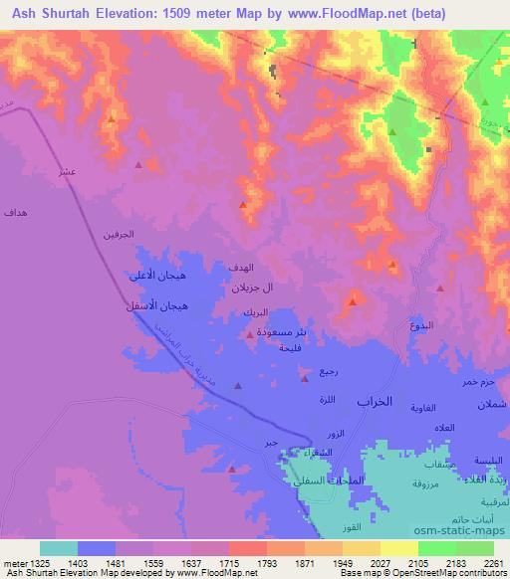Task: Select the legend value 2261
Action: (494, 563)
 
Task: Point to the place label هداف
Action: (16, 213)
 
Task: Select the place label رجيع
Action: (328, 371)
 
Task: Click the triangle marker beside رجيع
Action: (305, 377)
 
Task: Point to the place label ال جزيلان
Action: (252, 289)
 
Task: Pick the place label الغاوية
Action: (438, 407)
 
